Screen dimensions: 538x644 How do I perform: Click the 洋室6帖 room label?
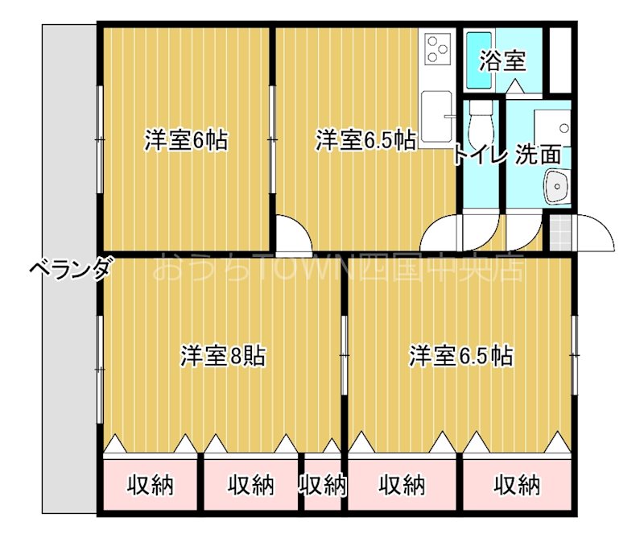tap(186, 141)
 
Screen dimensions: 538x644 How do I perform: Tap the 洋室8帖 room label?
tap(224, 355)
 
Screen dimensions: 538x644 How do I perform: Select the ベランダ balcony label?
tap(70, 270)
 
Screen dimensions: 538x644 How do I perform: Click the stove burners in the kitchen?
tap(439, 48)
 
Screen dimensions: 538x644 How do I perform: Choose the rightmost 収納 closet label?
tap(517, 485)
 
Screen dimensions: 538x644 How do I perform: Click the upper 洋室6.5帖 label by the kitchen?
tap(365, 141)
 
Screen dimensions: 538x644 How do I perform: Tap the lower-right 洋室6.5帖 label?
tap(461, 355)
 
